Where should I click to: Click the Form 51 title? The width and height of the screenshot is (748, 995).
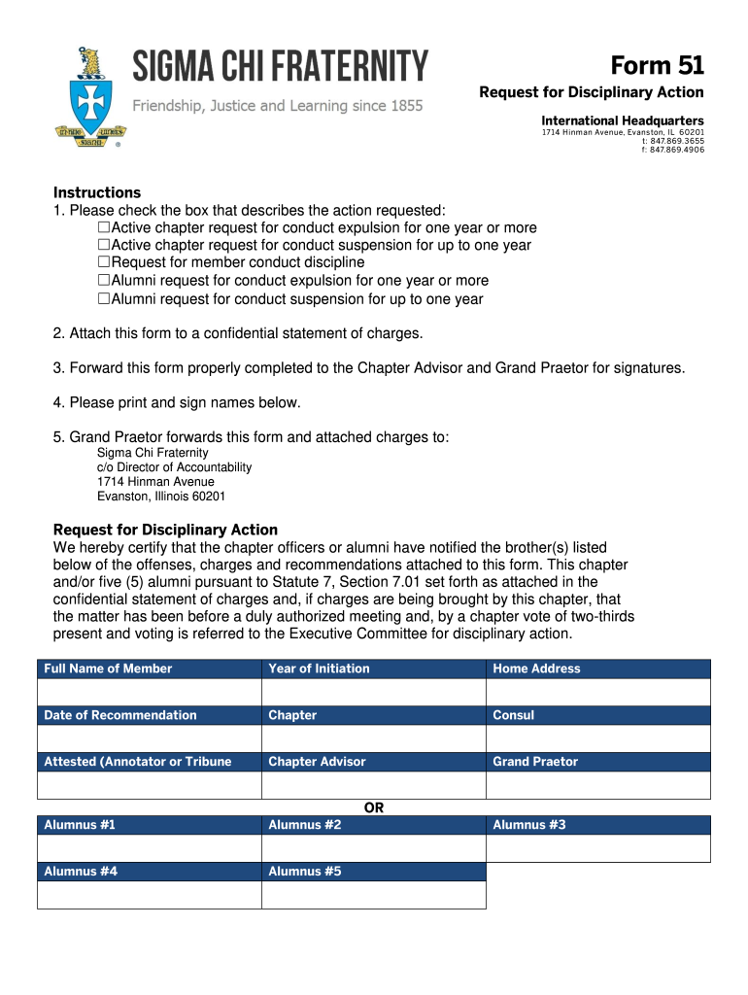pyautogui.click(x=657, y=65)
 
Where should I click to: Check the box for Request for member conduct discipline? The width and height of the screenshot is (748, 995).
pyautogui.click(x=104, y=262)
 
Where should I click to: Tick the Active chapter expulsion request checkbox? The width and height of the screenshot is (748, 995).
pyautogui.click(x=104, y=228)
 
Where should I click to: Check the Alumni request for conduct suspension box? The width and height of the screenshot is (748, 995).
pyautogui.click(x=104, y=299)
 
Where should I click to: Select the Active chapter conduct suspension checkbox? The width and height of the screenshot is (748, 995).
pyautogui.click(x=104, y=246)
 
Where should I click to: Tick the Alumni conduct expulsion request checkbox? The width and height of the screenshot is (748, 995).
pyautogui.click(x=104, y=281)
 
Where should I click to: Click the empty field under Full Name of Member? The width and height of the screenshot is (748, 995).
pyautogui.click(x=150, y=692)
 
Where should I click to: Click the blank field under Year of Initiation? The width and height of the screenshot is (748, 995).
pyautogui.click(x=373, y=692)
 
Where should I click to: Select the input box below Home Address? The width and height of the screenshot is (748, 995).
pyautogui.click(x=597, y=692)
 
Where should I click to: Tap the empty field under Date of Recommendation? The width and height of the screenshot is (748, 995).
pyautogui.click(x=150, y=738)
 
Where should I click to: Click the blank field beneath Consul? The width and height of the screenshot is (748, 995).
pyautogui.click(x=597, y=738)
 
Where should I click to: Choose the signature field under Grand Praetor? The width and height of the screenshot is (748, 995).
pyautogui.click(x=597, y=785)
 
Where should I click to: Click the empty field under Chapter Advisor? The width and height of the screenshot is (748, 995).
pyautogui.click(x=373, y=785)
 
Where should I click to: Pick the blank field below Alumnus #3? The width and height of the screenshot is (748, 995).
pyautogui.click(x=597, y=848)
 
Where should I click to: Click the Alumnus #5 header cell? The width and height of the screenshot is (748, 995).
pyautogui.click(x=373, y=872)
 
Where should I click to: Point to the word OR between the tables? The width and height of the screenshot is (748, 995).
pyautogui.click(x=374, y=807)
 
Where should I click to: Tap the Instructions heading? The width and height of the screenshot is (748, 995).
pyautogui.click(x=97, y=192)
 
